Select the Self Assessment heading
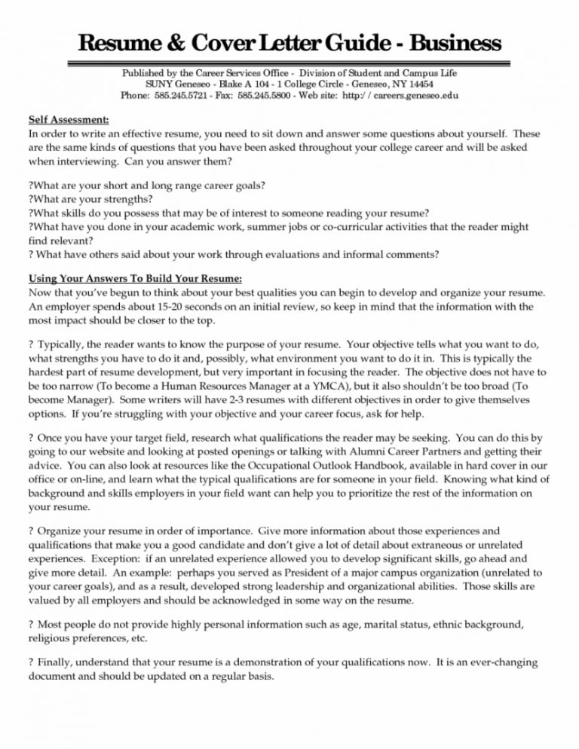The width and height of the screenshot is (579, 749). click(x=69, y=119)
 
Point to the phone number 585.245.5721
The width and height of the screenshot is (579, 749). click(x=176, y=96)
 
